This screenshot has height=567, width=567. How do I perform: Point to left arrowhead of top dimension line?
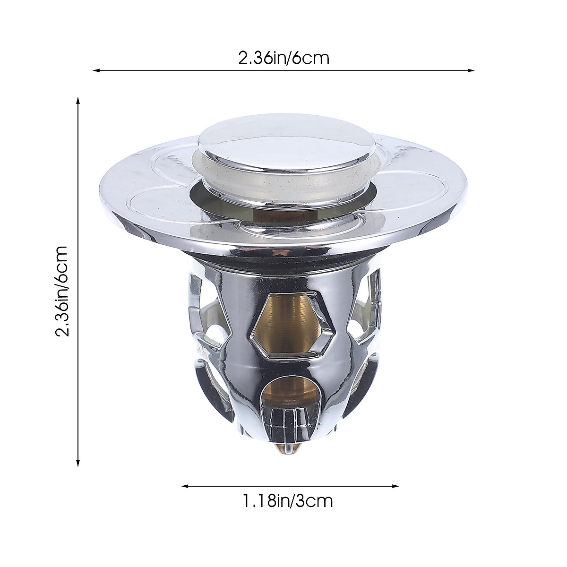(x=95, y=71)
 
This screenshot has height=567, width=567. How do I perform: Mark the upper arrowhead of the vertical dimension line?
(x=78, y=101)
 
